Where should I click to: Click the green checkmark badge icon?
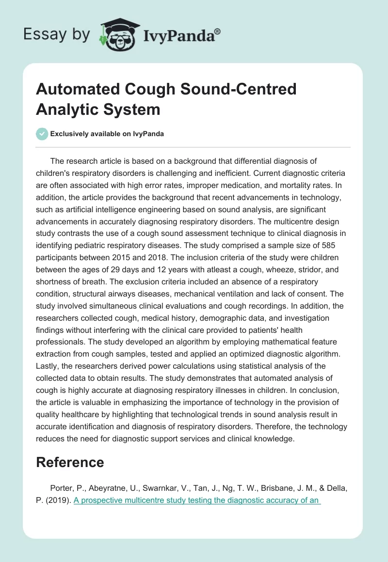tap(42, 134)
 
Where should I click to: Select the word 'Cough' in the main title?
tap(155, 89)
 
